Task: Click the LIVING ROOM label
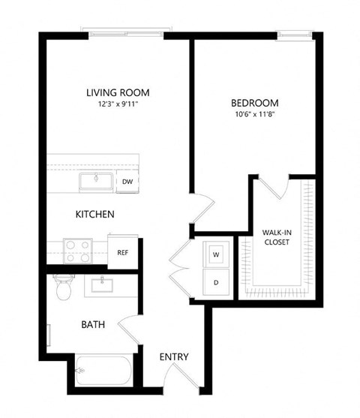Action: point(118,93)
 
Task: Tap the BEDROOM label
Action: point(254,103)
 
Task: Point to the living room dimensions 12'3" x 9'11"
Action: point(118,105)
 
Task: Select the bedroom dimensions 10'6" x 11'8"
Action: point(254,115)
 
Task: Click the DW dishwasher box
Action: point(127,182)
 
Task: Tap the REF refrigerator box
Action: point(122,252)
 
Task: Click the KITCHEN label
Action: point(94,215)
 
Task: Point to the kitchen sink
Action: point(95,181)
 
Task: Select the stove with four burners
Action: point(77,250)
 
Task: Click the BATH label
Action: point(93,325)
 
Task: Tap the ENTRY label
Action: point(174,356)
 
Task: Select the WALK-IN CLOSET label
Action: point(277,237)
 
